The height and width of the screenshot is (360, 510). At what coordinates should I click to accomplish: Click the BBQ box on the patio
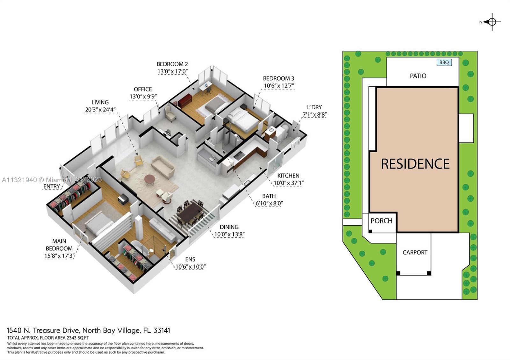tap(444, 62)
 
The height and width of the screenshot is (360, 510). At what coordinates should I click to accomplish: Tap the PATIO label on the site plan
tap(418, 76)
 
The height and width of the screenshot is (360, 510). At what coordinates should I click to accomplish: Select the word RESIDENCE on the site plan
tap(415, 164)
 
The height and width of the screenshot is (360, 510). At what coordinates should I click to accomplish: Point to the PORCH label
tap(381, 221)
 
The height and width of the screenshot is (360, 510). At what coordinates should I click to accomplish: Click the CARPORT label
tap(415, 252)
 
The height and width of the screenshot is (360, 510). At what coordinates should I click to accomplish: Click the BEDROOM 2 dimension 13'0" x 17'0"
tap(172, 71)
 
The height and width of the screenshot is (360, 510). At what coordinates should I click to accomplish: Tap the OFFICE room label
tap(143, 89)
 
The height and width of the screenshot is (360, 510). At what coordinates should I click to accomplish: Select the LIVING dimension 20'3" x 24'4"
tap(100, 110)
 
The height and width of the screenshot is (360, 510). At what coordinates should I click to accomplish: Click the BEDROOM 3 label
tap(279, 78)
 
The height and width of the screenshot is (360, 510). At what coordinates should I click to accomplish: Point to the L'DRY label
tap(314, 107)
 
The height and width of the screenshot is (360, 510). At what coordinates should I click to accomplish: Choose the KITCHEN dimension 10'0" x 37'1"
tap(288, 183)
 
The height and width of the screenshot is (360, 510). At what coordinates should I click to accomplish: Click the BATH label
tap(269, 196)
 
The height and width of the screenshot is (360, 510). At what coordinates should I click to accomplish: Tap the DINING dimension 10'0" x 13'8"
tap(229, 234)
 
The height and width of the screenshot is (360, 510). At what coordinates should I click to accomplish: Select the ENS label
tap(190, 259)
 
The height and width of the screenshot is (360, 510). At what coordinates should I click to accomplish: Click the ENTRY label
tap(51, 186)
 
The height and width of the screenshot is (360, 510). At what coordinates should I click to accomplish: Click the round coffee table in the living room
tap(149, 179)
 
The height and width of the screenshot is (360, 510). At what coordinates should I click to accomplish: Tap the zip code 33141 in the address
tap(162, 330)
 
